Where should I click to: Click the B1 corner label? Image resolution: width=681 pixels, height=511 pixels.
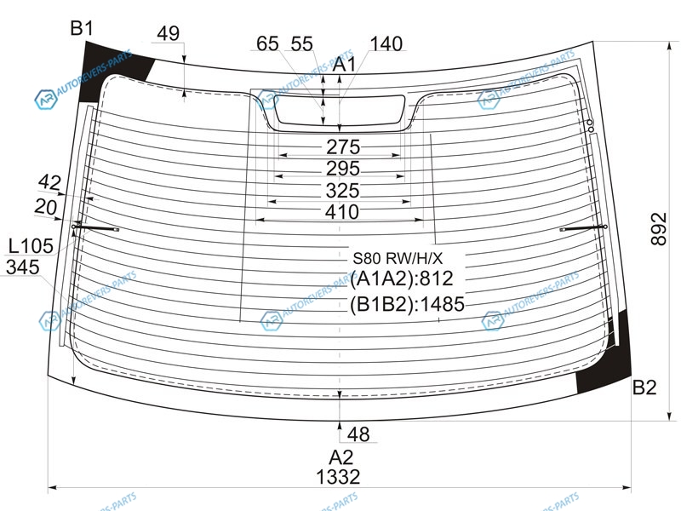click(x=82, y=29)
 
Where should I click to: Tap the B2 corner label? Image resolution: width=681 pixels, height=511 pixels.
click(x=644, y=388)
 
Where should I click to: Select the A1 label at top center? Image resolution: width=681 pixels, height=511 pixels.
click(x=344, y=65)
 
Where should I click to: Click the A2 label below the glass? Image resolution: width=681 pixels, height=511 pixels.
click(x=341, y=457)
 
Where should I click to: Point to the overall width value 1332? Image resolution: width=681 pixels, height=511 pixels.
click(x=338, y=477)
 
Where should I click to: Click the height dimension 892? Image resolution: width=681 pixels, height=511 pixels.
click(x=658, y=229)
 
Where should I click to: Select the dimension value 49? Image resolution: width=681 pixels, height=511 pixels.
click(x=168, y=33)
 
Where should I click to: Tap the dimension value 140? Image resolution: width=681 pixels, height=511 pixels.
click(x=386, y=44)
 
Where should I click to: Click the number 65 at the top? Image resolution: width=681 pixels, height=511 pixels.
click(x=267, y=44)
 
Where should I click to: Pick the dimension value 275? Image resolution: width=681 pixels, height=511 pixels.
click(x=343, y=147)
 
